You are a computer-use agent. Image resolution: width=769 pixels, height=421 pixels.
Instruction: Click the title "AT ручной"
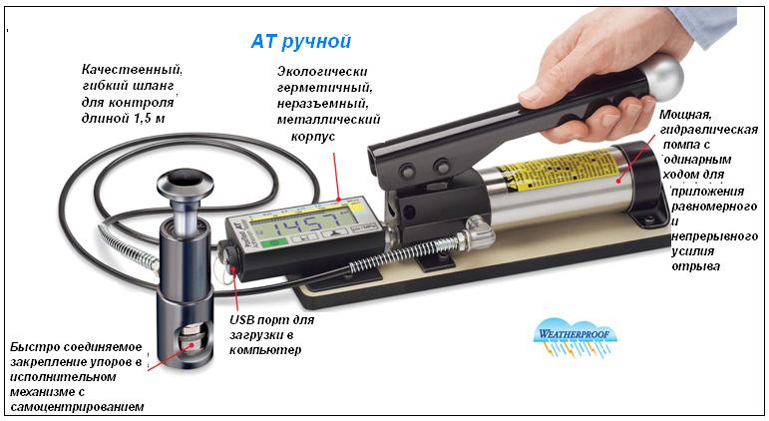point(301,42)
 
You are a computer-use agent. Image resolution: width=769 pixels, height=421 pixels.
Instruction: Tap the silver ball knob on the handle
point(663,77)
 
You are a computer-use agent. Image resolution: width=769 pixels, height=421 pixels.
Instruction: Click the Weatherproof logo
point(575,336)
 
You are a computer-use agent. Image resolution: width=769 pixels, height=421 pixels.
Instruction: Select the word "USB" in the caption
point(242,320)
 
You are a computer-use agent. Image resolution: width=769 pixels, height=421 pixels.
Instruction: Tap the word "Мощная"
point(684,115)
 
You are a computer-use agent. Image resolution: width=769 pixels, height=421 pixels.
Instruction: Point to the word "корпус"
point(313,137)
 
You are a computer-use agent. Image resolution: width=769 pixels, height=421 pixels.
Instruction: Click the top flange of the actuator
point(186,182)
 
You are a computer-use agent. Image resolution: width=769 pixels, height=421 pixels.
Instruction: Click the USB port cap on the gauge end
point(230,254)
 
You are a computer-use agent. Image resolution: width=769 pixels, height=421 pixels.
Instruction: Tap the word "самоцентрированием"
point(77,407)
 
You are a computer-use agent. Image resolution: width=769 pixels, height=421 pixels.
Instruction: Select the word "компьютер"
point(265,350)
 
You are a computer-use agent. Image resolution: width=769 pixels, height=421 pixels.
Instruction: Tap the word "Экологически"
point(322,71)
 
